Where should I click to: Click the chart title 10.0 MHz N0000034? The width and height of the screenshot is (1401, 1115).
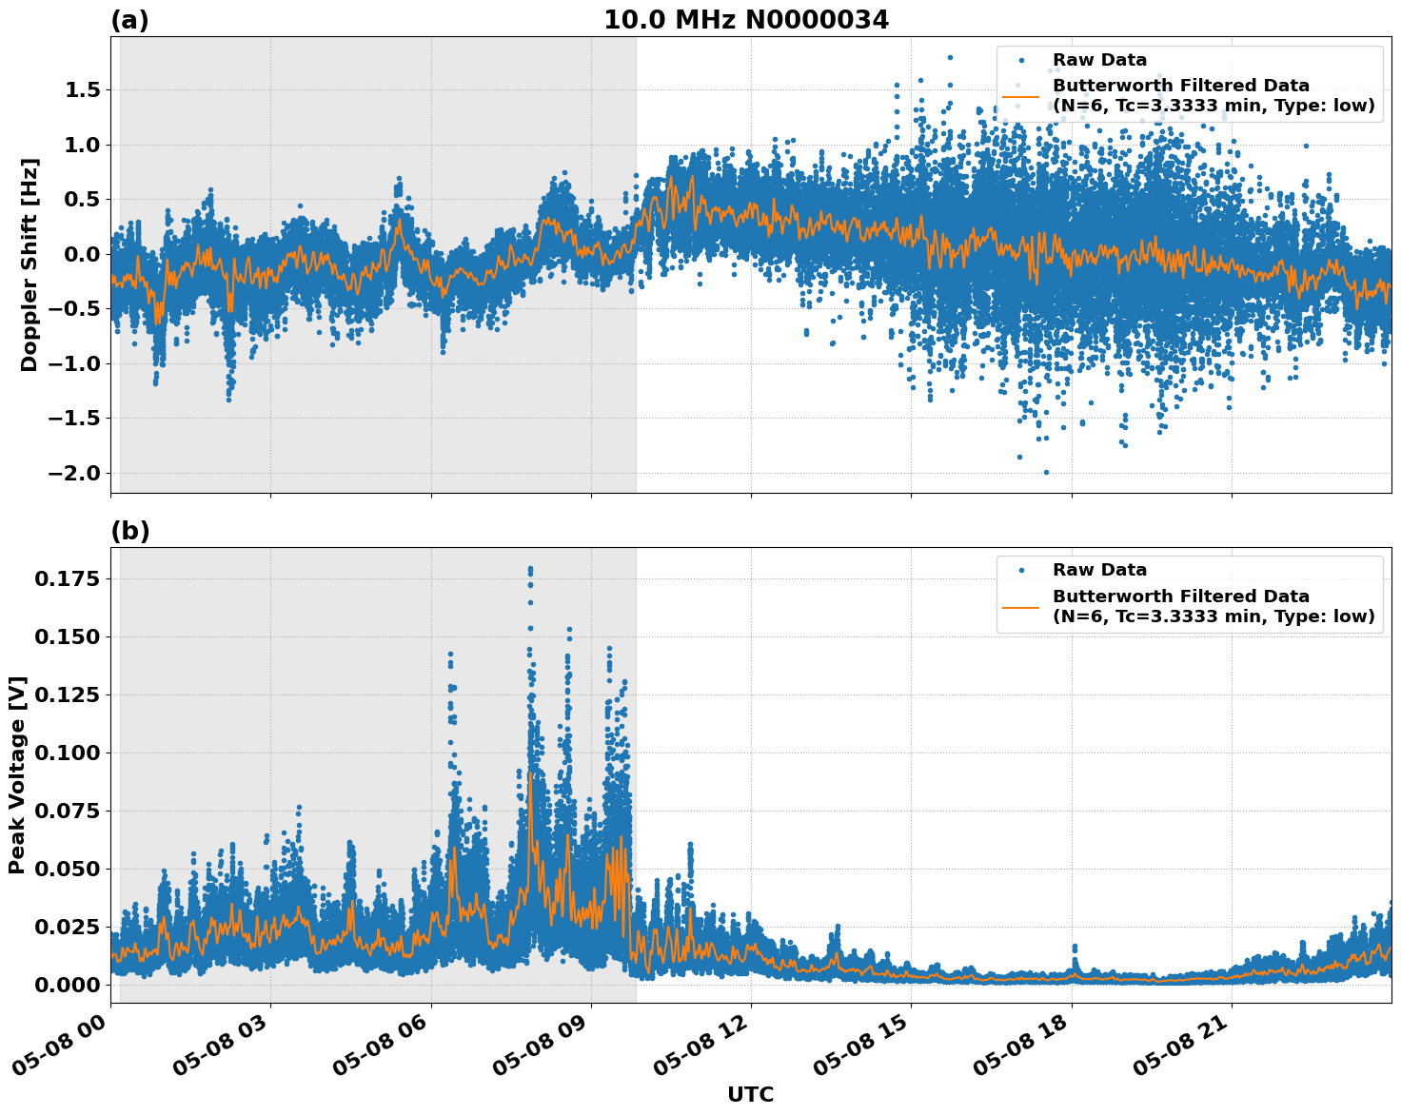point(746,20)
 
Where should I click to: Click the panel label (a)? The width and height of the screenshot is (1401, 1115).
point(129,20)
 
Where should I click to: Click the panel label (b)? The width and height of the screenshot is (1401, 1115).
point(129,531)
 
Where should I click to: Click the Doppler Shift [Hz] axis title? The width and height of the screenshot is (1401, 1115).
point(30,264)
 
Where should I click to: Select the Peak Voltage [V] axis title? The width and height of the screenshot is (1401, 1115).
point(17,775)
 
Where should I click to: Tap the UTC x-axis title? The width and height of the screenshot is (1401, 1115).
point(750,1094)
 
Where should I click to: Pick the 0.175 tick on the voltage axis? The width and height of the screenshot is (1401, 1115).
point(67,579)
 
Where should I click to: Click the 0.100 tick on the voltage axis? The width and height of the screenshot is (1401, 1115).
point(67,753)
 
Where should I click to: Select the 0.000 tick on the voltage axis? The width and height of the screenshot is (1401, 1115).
point(67,985)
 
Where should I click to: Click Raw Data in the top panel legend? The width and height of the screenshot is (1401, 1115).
point(1099,60)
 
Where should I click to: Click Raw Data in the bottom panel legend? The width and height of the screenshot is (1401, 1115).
point(1099,570)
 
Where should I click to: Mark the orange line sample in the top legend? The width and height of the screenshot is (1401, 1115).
point(1020,96)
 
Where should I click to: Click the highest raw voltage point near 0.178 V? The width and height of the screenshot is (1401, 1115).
point(530,570)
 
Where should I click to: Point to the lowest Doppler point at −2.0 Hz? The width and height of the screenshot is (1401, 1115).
point(1046,472)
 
